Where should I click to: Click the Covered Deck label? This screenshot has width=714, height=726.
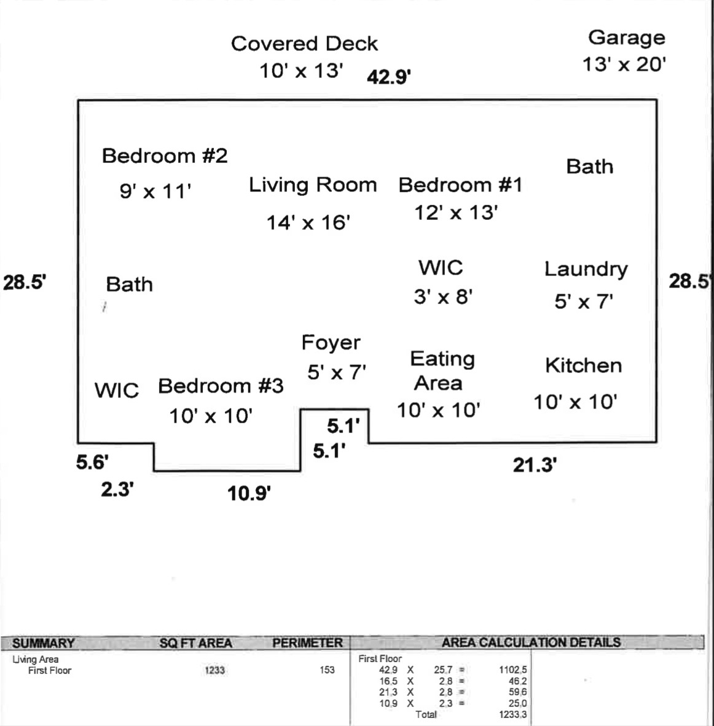[x=304, y=44]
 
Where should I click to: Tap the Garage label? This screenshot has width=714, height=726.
[x=626, y=37]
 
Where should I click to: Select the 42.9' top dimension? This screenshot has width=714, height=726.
[x=388, y=77]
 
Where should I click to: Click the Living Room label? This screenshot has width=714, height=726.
[x=313, y=185]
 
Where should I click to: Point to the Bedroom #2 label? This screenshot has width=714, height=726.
[x=165, y=156]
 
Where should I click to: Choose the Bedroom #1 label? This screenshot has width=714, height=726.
[x=460, y=185]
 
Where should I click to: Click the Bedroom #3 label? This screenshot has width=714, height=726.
[x=221, y=386]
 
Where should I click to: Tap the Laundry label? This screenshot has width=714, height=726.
[x=586, y=270]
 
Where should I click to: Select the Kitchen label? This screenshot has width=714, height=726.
[x=583, y=366]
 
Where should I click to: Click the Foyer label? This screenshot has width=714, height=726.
[x=331, y=343]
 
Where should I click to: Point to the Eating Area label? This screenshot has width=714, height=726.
[x=441, y=371]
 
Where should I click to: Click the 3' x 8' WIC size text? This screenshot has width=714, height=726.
[x=442, y=297]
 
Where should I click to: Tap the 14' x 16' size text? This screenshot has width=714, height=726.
[x=308, y=222]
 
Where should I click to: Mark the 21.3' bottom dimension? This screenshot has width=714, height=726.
[x=535, y=466]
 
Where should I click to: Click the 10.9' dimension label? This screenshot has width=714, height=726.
[x=249, y=493]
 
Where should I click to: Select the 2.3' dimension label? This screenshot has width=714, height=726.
[x=117, y=490]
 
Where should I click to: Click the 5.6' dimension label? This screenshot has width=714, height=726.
[x=92, y=463]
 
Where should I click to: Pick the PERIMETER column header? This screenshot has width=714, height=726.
[x=307, y=643]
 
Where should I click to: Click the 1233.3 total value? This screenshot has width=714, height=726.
[x=512, y=714]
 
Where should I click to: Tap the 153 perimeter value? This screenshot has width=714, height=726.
[x=327, y=670]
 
